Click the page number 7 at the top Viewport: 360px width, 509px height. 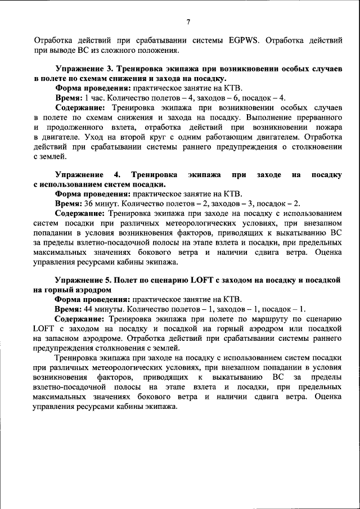click(188, 22)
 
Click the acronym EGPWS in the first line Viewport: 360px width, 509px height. click(246, 40)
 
